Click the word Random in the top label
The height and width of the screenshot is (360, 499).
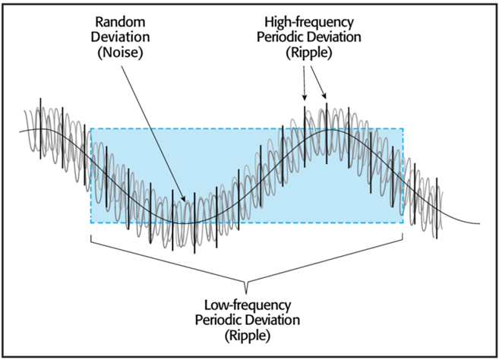point(120,22)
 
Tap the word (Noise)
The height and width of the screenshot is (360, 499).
point(120,52)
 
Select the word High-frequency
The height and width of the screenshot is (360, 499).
point(309,23)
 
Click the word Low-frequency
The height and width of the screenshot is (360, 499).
point(248,305)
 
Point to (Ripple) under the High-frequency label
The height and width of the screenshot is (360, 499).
point(308,53)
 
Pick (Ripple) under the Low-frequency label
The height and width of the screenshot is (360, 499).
point(248,336)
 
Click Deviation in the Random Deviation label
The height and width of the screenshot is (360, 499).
point(120,37)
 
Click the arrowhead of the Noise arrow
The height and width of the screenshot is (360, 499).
point(183,198)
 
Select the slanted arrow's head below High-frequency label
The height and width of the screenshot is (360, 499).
point(324,96)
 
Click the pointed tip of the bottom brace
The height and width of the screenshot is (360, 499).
point(245,292)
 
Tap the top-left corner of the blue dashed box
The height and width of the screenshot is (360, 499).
point(91,128)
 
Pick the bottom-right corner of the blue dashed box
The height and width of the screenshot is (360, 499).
point(403,223)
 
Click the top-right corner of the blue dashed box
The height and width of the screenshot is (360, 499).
point(403,128)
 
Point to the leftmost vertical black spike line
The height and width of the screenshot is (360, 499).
point(40,128)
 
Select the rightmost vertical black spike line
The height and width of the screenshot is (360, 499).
point(437,208)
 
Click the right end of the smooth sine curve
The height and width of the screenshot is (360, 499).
point(479,223)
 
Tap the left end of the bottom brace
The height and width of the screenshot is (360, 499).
point(91,235)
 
